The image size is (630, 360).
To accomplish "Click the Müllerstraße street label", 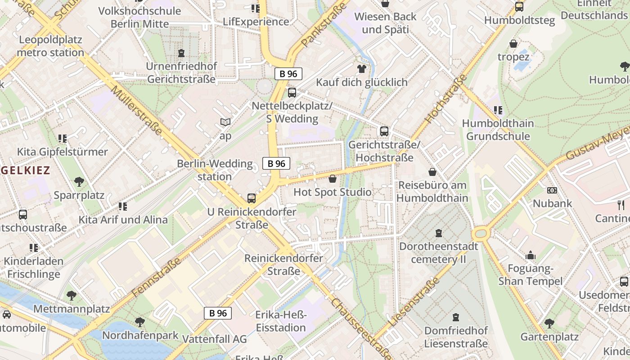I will (136, 110).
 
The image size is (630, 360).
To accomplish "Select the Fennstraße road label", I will (157, 277).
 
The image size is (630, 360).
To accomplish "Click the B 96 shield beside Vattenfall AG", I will (218, 313).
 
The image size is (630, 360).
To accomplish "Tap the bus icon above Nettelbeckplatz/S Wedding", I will (292, 93).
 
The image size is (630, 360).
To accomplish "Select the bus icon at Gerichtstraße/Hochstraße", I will (384, 131).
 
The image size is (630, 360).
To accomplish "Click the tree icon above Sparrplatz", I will (79, 182).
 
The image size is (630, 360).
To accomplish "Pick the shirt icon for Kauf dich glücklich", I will (361, 69).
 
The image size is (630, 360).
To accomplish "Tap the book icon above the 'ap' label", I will (225, 122).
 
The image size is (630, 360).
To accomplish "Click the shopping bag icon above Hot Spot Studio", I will (333, 179).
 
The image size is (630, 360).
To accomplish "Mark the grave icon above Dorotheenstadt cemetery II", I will (439, 233).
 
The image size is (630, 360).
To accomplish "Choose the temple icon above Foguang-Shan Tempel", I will (531, 256).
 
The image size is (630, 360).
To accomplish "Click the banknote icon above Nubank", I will (552, 190).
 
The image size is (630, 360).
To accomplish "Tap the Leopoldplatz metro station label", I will (50, 46).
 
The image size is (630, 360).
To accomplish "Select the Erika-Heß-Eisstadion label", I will (281, 321).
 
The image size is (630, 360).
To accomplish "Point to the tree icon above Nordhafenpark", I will (140, 322).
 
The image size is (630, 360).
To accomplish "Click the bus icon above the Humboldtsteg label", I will (519, 7).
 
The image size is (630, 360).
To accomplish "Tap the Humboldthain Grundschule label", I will (498, 130).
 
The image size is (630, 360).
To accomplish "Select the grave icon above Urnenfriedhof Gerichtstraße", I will (181, 54).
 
